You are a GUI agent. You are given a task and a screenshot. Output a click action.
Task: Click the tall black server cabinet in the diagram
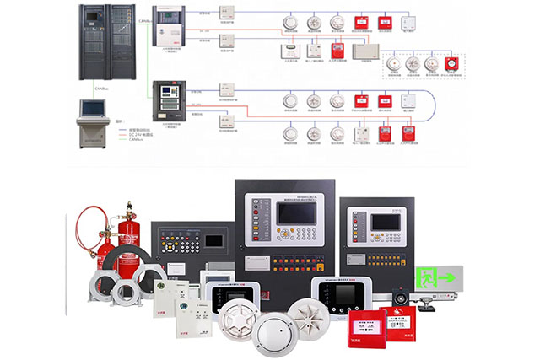point(107,41)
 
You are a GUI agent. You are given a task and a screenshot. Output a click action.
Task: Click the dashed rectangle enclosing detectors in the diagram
point(420,65)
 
